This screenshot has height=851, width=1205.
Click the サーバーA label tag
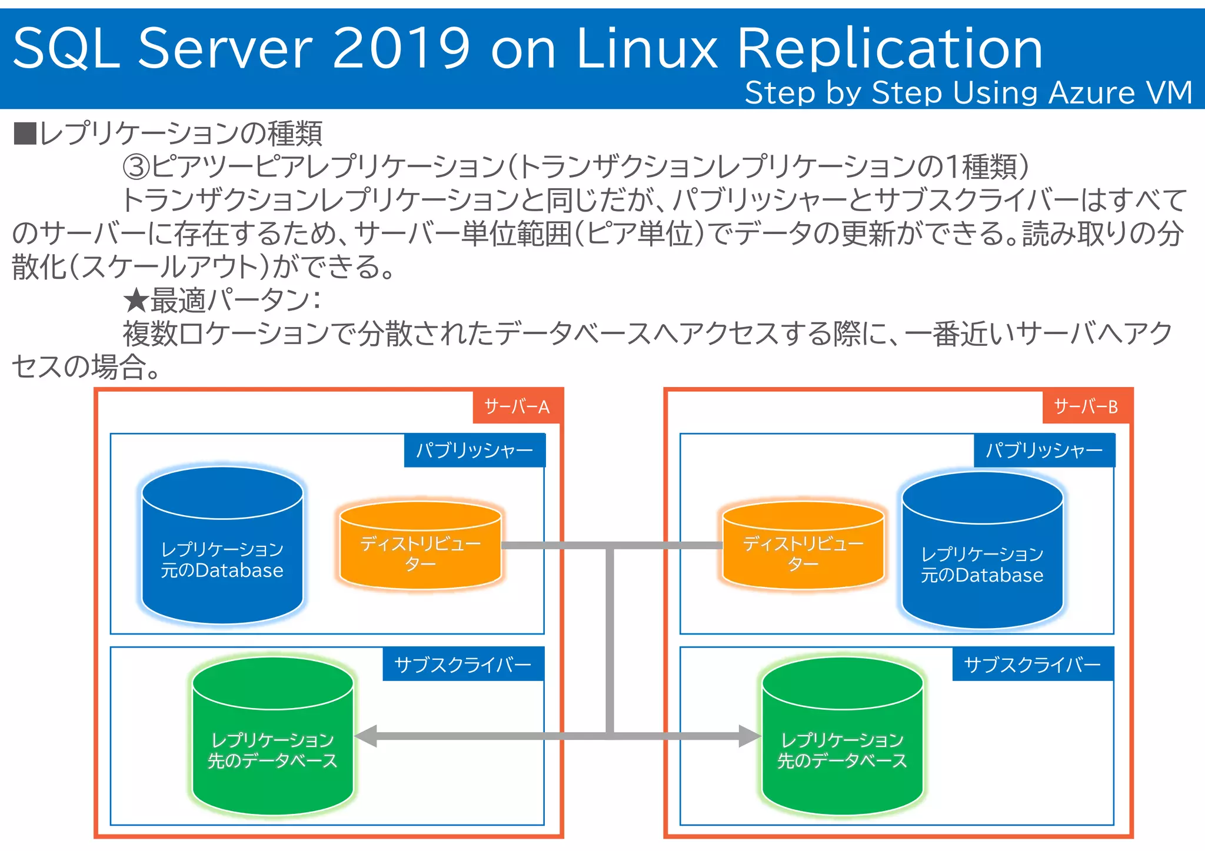(x=517, y=406)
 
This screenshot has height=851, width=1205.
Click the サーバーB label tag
(x=1086, y=406)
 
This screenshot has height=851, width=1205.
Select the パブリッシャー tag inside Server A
(x=474, y=450)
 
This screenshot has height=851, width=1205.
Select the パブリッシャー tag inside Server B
(x=1044, y=450)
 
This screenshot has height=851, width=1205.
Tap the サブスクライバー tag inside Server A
(x=463, y=665)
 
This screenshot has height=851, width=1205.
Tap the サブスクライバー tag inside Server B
(x=1033, y=665)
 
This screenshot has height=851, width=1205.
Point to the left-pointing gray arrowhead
(x=366, y=736)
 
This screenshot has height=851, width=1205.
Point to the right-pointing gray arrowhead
(x=750, y=736)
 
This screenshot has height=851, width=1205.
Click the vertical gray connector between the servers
(x=610, y=641)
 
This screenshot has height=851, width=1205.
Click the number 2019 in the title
(x=402, y=48)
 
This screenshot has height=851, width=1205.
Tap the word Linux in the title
(x=647, y=48)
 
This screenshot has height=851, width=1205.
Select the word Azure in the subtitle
(x=1091, y=93)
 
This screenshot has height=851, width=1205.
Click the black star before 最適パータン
(x=136, y=301)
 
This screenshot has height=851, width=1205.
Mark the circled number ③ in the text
(x=136, y=166)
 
